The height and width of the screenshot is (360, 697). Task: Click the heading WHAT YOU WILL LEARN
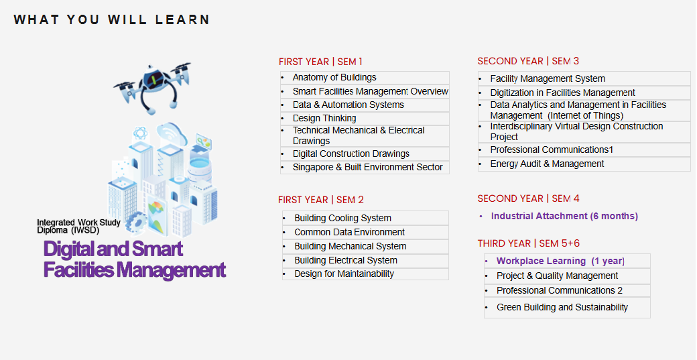111,20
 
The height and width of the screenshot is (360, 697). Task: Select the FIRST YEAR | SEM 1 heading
320,62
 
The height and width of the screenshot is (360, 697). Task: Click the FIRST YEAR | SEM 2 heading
321,200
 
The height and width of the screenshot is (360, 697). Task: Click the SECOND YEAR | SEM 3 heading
528,61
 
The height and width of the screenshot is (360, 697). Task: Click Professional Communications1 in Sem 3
552,149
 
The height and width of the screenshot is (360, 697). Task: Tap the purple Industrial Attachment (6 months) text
564,216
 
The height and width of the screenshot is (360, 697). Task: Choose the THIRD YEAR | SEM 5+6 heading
529,243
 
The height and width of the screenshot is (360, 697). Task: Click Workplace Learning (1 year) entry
560,261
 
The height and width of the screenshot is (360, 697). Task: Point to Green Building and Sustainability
562,307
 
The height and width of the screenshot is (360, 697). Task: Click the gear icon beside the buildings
137,222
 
